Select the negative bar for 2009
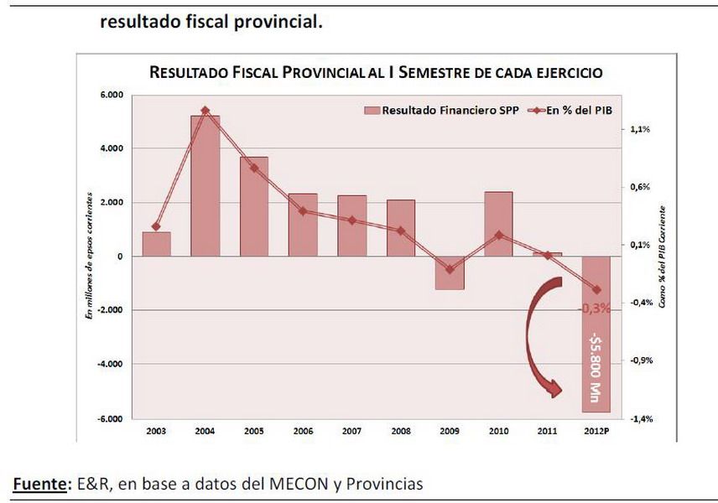(449, 273)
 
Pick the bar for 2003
(156, 244)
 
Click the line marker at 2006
(303, 211)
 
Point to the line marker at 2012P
(596, 289)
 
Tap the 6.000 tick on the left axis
(111, 95)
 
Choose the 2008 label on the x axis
(400, 430)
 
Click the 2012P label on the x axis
(596, 430)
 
